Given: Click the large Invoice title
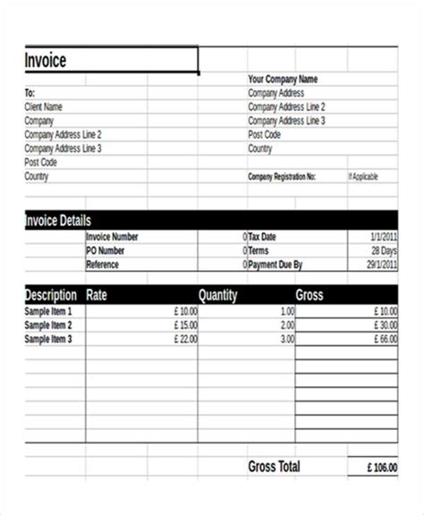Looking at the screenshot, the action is coord(46,62).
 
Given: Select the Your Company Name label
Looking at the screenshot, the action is coord(283,79).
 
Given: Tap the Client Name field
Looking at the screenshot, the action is coord(44,106).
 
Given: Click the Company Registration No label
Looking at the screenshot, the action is coord(282,177).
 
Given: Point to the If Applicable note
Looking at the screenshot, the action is coord(362,177).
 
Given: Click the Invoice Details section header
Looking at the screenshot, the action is coord(58,220).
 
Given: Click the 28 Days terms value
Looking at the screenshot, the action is coord(383,250).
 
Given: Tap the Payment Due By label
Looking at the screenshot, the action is coord(275,265).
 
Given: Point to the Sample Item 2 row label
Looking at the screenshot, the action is coord(48,325).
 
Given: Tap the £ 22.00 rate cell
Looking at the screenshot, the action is coord(186,340).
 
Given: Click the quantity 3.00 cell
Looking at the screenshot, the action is coord(286,340).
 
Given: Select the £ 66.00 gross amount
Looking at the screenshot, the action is coord(386,340).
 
